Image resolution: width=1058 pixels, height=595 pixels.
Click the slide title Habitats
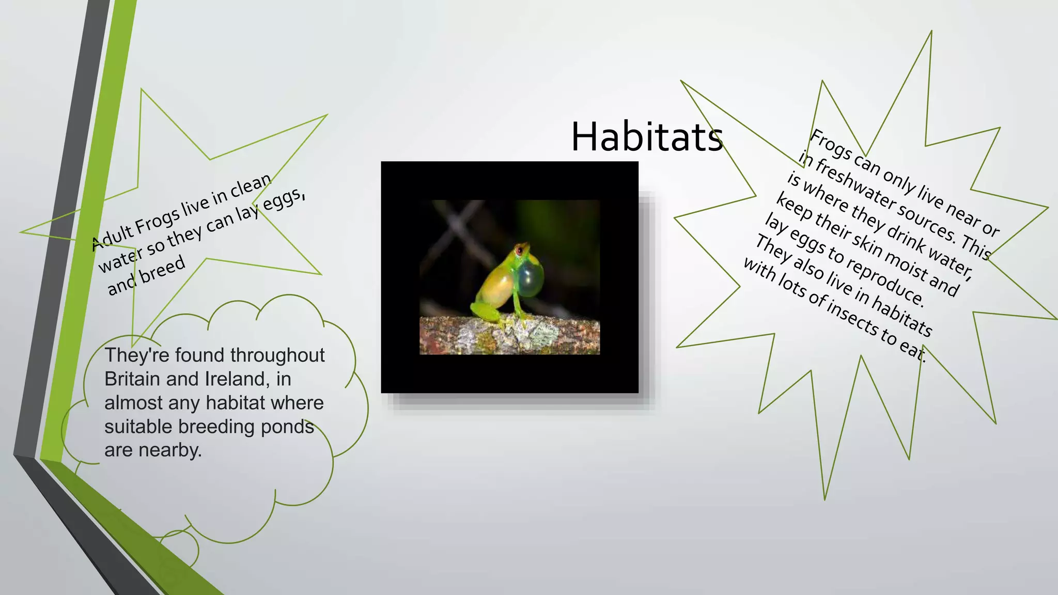click(646, 137)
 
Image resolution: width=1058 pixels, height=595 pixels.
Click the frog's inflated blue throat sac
click(530, 279)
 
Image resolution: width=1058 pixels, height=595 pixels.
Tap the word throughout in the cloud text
click(277, 355)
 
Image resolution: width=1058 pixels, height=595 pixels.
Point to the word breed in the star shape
click(162, 270)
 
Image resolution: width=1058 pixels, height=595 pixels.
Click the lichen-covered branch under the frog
click(509, 336)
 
